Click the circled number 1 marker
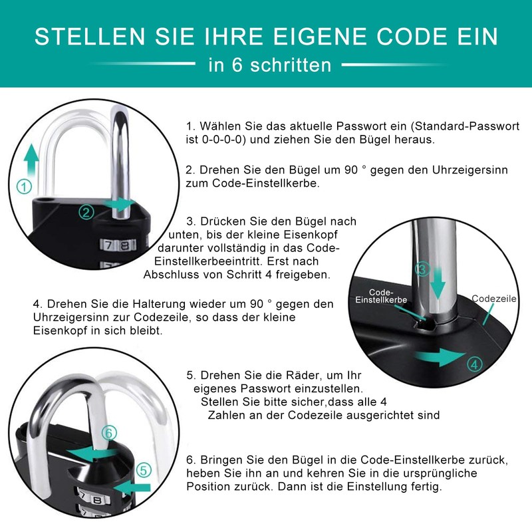tap(25, 188)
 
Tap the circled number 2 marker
tap(87, 212)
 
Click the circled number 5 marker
tap(144, 470)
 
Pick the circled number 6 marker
tap(110, 432)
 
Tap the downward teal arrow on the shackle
tap(438, 282)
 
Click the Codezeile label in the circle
tap(493, 299)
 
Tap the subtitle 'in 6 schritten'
tap(269, 65)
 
